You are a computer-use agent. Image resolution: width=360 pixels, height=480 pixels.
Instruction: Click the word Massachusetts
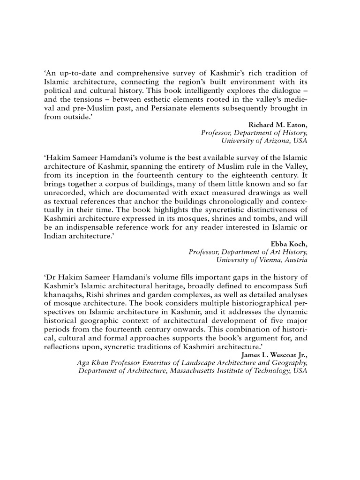click(197, 372)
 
